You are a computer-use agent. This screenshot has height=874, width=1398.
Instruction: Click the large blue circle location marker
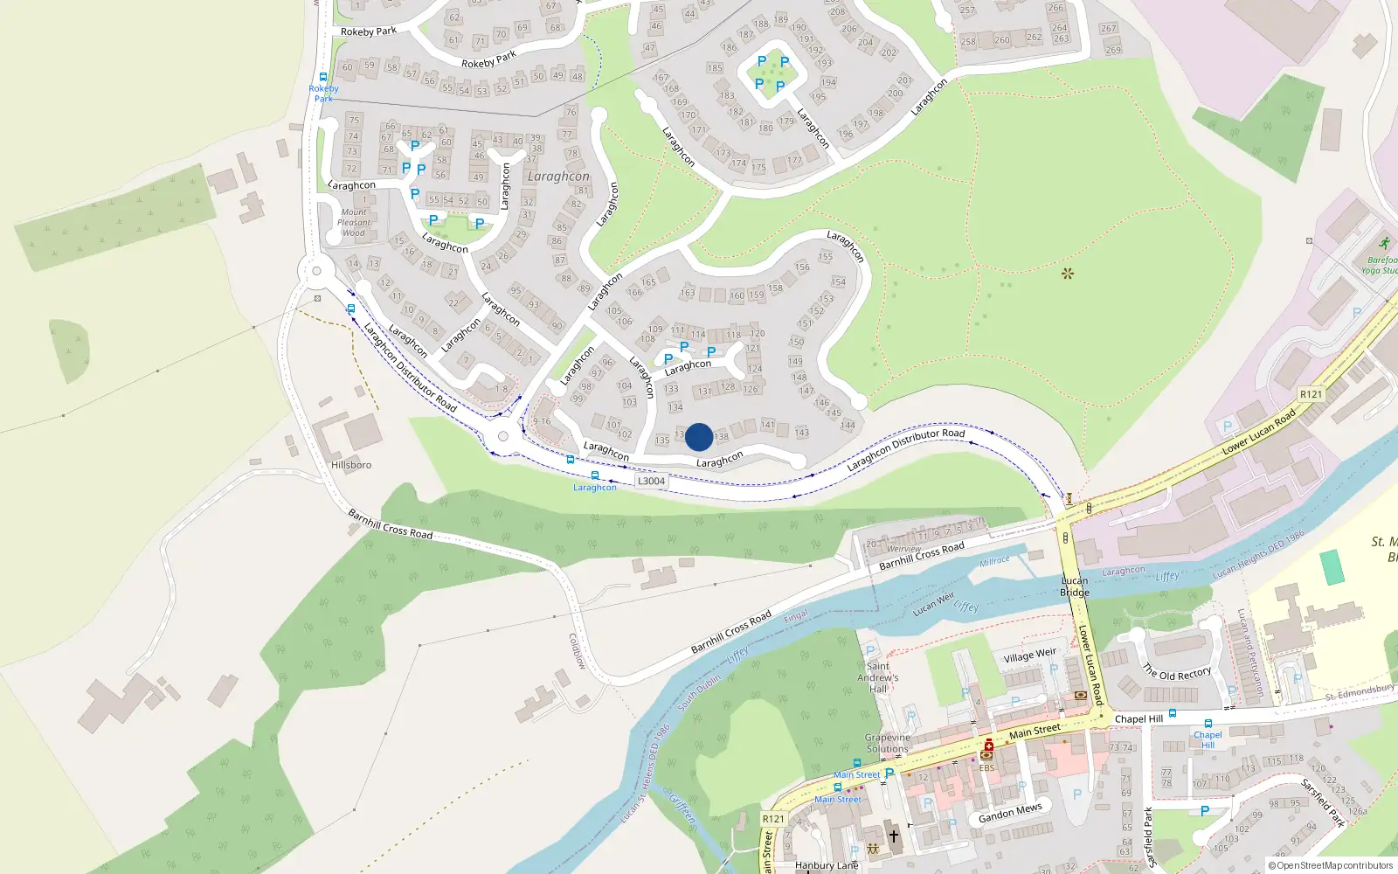[x=699, y=437]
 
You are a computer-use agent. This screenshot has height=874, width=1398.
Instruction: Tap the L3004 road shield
[x=651, y=481]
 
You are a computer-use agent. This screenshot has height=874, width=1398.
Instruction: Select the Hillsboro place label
[x=351, y=465]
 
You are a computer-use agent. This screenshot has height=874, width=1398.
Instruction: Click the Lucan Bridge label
[x=1075, y=586]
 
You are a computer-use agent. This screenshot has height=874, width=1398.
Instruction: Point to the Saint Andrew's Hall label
[x=878, y=677]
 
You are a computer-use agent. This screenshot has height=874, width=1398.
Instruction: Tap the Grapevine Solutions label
[x=888, y=743]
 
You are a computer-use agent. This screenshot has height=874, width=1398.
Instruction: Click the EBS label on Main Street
[x=986, y=768]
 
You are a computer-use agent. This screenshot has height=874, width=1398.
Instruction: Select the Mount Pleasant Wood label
[x=354, y=223]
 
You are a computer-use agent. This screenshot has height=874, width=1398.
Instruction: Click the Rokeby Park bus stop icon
[x=323, y=77]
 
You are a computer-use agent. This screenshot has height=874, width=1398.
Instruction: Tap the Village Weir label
[x=1030, y=655]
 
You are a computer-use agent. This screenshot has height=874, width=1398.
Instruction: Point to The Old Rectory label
[x=1177, y=673]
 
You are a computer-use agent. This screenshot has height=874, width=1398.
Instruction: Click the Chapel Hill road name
[x=1138, y=719]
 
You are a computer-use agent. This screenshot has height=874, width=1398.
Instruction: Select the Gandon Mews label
[x=1011, y=813]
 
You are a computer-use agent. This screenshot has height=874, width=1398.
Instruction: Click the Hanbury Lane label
[x=827, y=865]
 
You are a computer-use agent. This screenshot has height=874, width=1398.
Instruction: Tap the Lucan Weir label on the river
[x=934, y=604]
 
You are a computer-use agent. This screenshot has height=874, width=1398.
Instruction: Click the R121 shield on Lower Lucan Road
[x=1311, y=394]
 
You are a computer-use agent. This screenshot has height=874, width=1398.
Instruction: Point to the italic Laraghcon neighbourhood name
[x=558, y=177]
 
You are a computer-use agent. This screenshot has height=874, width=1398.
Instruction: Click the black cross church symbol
[x=894, y=836]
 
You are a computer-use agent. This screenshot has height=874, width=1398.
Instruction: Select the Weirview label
[x=904, y=548]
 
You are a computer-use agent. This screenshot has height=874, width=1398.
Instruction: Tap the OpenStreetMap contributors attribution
[x=1331, y=865]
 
